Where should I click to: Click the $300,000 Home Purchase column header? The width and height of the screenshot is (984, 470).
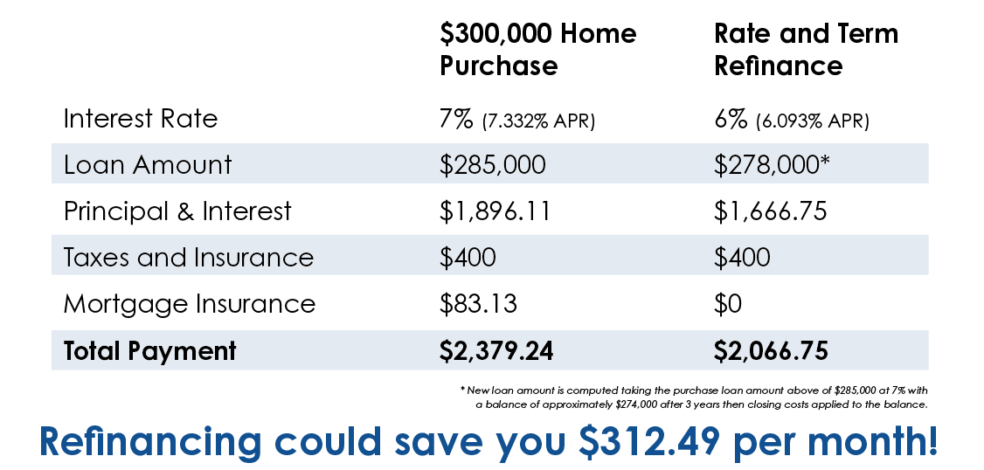coord(537,50)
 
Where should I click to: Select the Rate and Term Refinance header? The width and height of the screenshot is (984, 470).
coord(807,50)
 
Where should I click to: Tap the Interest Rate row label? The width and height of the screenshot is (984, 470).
coord(141,119)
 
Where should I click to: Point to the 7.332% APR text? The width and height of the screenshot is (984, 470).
coord(538,121)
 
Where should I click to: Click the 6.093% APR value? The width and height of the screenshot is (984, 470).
coord(813,121)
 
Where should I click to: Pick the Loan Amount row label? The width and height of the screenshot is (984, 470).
coord(148,164)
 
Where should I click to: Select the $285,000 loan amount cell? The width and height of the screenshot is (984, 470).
coord(493,165)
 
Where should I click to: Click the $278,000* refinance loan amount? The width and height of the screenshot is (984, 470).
coord(772,164)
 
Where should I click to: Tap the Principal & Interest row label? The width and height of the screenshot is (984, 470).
coord(177,211)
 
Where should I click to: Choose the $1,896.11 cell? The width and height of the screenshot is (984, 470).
coord(495,211)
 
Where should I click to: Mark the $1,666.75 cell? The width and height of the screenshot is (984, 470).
coord(771,211)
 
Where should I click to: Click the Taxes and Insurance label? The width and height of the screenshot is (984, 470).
coord(188,257)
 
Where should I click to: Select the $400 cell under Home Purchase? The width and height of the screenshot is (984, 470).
coord(468,258)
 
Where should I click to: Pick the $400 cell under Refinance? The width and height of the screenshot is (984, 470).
coord(743,258)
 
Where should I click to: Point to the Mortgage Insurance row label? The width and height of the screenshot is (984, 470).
coord(190,304)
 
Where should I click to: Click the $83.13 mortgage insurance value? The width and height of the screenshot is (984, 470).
coord(478,304)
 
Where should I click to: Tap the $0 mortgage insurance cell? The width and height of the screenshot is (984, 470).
coord(728,304)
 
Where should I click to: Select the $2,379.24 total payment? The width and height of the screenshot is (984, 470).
coord(496,351)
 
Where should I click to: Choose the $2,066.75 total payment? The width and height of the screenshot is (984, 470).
coord(772,351)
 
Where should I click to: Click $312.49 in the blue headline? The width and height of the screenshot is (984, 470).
coord(650,441)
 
